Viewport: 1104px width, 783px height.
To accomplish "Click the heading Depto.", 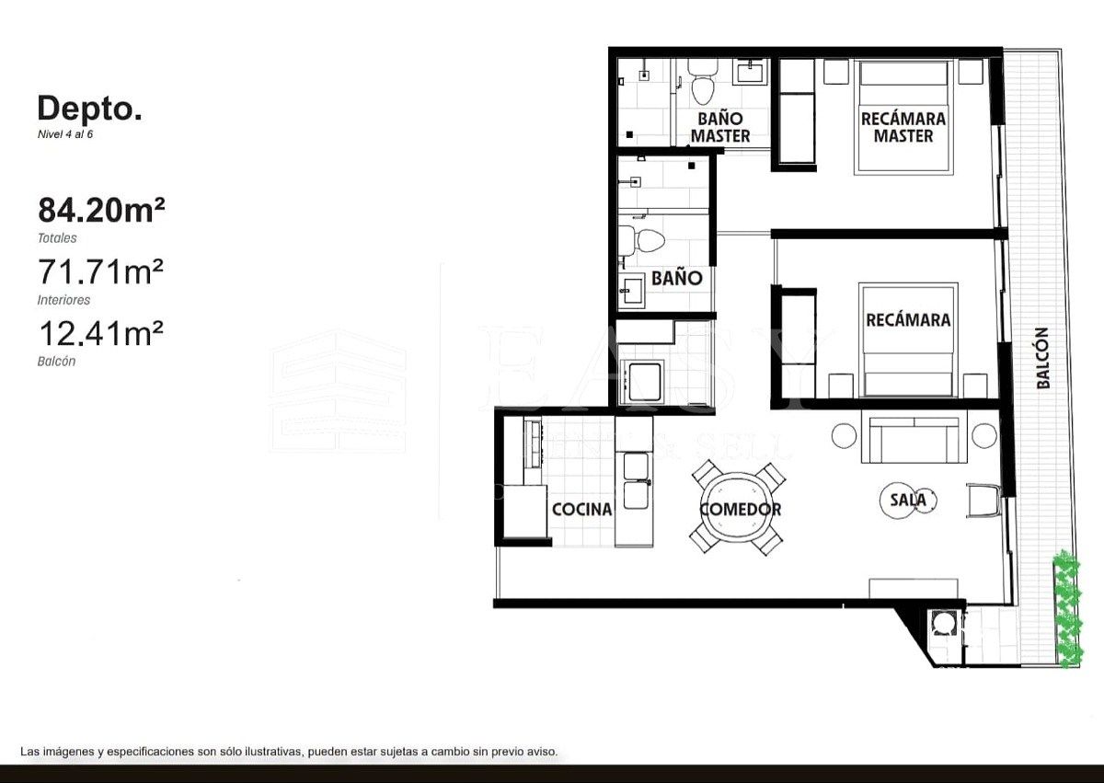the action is point(90,109).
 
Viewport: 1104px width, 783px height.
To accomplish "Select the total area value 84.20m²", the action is point(101,210).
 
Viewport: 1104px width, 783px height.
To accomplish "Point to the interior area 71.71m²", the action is point(101,271).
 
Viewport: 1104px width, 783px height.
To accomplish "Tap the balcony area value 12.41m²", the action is point(101,333).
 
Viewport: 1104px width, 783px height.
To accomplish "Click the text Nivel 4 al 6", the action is point(65,134).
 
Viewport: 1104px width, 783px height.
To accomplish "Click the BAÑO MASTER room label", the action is point(720,127).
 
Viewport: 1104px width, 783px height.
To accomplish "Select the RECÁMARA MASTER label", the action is point(903,127).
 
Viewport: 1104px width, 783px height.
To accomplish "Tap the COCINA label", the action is point(582,509).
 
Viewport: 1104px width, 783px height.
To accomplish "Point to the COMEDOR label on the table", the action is point(741,509).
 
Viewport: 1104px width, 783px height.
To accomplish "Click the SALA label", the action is point(908,501).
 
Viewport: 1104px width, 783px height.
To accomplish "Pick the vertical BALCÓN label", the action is point(1042,358).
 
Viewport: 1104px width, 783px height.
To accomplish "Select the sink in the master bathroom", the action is point(753,71).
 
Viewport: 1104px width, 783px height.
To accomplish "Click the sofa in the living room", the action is point(914,439).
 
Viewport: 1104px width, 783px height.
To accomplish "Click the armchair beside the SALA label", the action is point(983,501).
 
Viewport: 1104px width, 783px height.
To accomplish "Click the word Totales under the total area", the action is point(57,238).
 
